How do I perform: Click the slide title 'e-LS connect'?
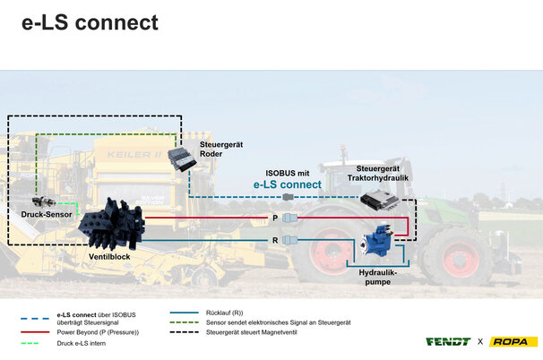(90, 23)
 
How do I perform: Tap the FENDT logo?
(448, 341)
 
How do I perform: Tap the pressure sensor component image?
(45, 201)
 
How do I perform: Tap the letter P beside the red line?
(275, 218)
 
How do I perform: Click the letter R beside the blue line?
(275, 240)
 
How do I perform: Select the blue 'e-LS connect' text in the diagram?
(287, 184)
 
